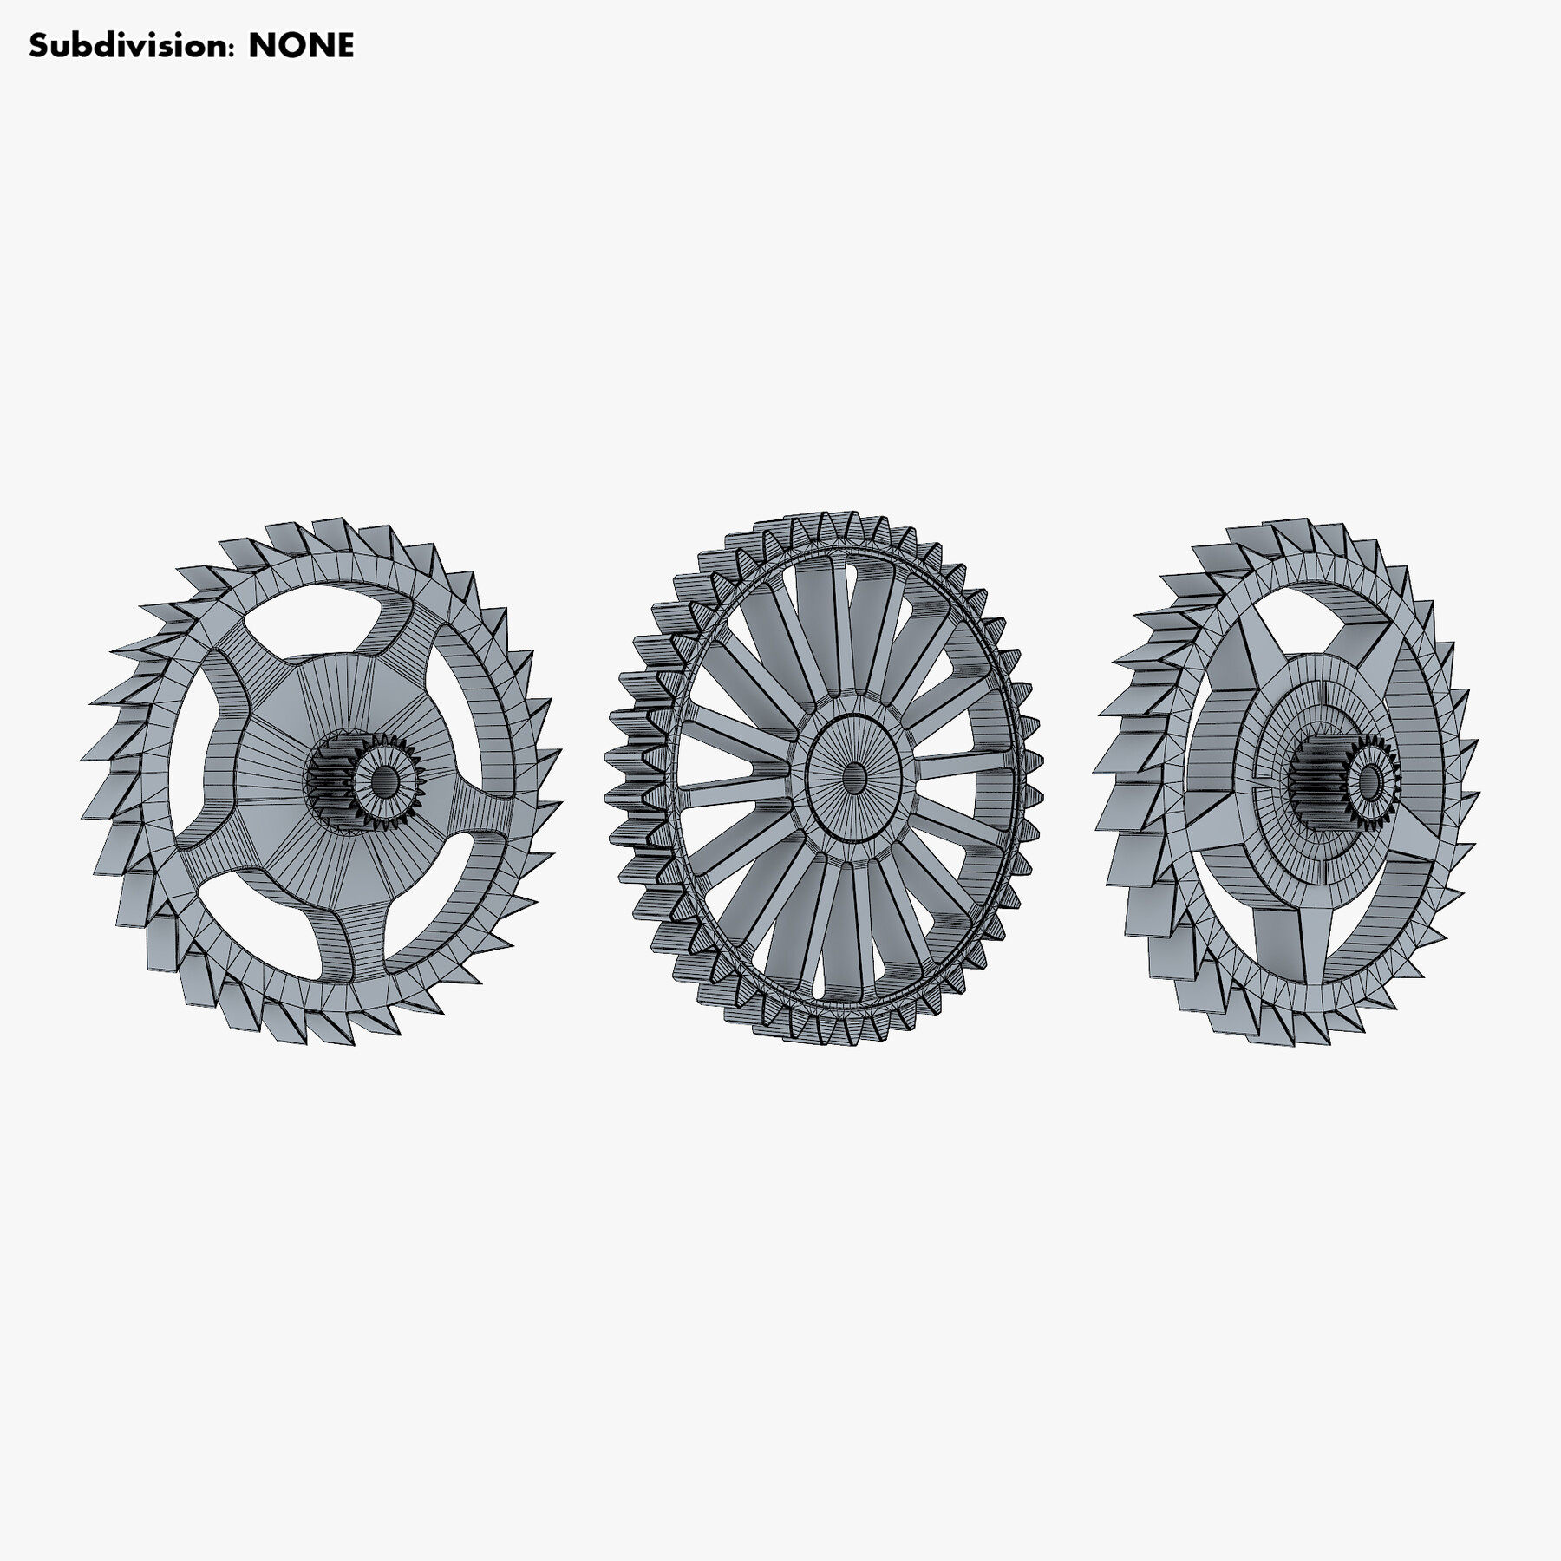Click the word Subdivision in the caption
tap(130, 45)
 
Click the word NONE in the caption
tap(301, 45)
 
